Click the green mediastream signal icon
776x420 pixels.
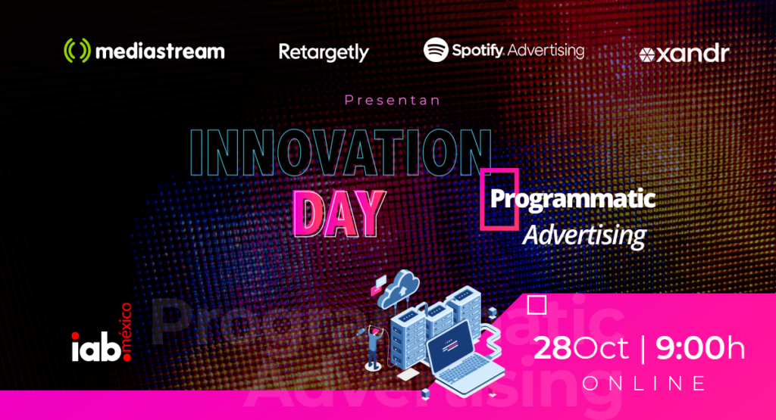coord(77,51)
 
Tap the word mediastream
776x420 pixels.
coord(160,51)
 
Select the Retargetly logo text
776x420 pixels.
coord(324,52)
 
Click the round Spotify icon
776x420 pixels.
coord(436,50)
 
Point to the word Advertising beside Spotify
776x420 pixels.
coord(546,51)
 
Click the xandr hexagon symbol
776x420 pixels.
coord(647,54)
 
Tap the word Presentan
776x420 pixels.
coord(393,101)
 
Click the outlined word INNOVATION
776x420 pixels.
coord(340,153)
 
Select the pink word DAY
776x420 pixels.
coord(339,213)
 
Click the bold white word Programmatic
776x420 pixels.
coord(573,199)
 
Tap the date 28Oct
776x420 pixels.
coord(581,348)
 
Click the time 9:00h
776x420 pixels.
coord(700,348)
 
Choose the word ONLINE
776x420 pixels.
coord(644,384)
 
